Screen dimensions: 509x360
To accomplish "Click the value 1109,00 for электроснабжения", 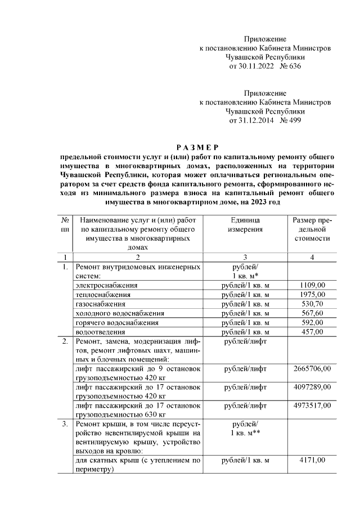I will click(312, 285).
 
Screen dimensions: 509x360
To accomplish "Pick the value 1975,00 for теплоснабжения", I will click(312, 294).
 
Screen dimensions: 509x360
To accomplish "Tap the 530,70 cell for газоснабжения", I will click(312, 304).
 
